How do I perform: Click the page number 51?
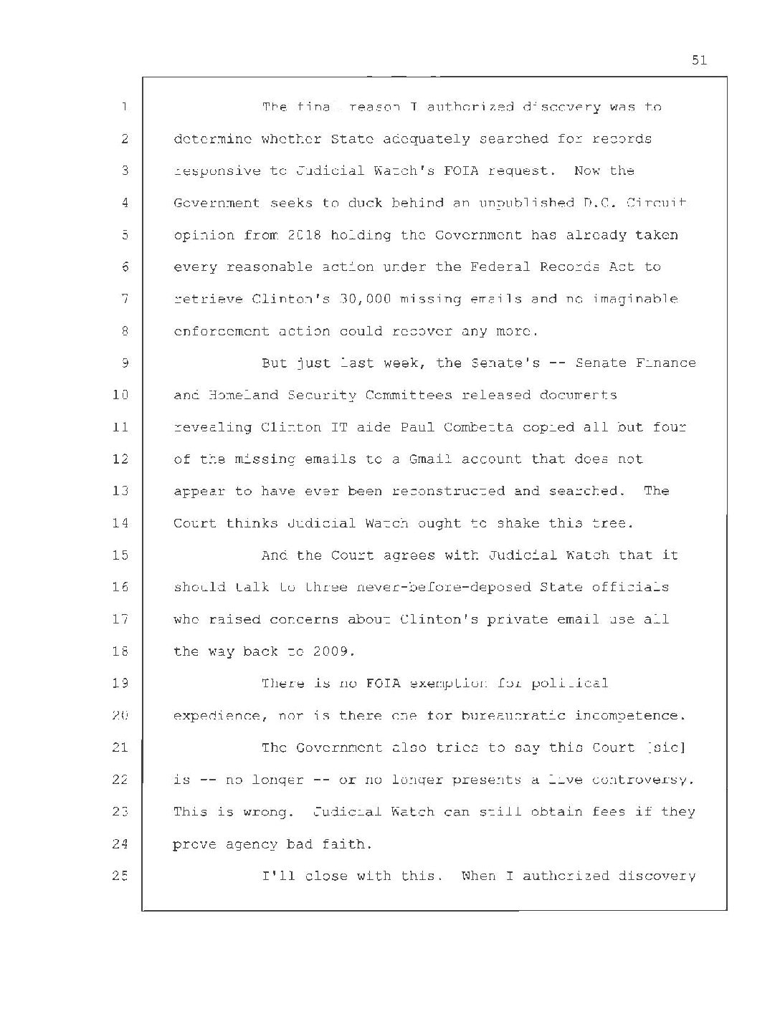click(x=699, y=60)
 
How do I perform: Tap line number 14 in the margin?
click(x=121, y=523)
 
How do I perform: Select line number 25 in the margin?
click(x=121, y=876)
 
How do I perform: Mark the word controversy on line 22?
click(x=644, y=780)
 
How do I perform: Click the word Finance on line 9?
click(x=665, y=363)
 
